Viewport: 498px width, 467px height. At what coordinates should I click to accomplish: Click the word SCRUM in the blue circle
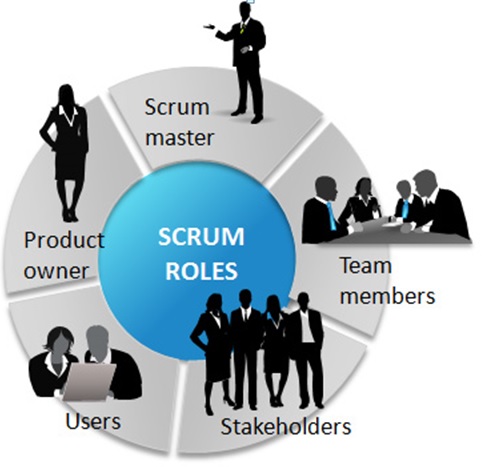(x=201, y=237)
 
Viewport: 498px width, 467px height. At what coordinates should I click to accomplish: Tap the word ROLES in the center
(x=202, y=270)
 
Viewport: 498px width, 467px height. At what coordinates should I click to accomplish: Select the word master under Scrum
(x=179, y=138)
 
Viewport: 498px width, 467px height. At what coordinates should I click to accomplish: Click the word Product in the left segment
(x=64, y=239)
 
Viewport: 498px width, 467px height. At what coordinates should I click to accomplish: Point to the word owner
(x=56, y=271)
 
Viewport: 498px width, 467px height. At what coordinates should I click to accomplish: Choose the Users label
(x=93, y=422)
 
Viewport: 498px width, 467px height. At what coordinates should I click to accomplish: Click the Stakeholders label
(x=286, y=426)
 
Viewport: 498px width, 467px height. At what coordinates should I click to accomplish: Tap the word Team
(x=365, y=266)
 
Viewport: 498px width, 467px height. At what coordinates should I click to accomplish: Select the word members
(x=387, y=296)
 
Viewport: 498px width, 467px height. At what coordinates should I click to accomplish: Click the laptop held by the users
(x=89, y=382)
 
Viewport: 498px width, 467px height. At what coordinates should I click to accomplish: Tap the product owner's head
(x=66, y=95)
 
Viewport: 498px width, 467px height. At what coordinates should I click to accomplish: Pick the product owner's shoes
(x=70, y=215)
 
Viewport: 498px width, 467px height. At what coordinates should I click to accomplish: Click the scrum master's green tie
(x=244, y=27)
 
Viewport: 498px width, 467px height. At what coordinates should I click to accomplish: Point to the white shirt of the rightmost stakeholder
(x=307, y=326)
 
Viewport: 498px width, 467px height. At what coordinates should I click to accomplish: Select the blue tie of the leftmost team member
(x=331, y=216)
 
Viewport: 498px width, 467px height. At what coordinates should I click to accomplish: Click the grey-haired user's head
(x=97, y=343)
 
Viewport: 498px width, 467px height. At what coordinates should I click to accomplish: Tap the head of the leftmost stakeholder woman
(x=215, y=303)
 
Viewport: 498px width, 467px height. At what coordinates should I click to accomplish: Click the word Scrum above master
(x=177, y=107)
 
